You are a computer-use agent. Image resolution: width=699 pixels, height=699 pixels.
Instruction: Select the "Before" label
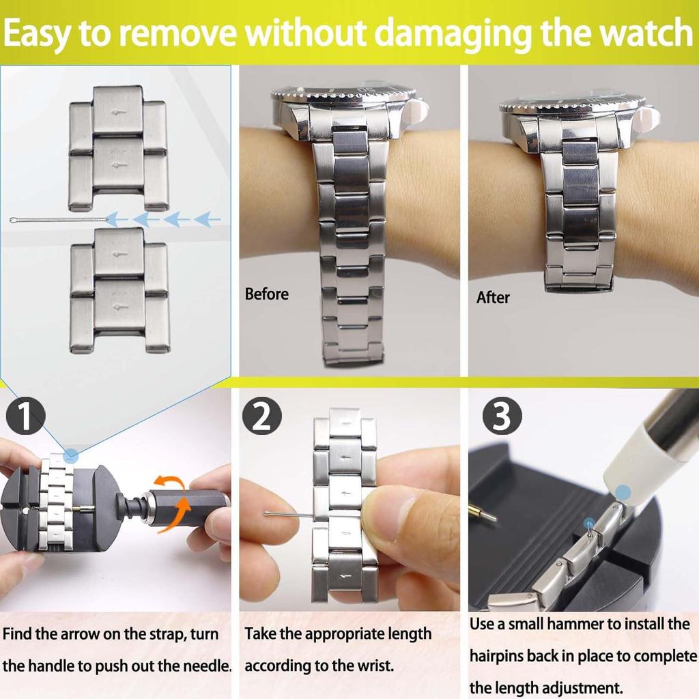(x=267, y=294)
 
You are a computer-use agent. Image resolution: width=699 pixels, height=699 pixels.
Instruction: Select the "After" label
(x=493, y=298)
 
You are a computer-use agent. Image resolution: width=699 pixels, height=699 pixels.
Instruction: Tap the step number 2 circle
(x=261, y=417)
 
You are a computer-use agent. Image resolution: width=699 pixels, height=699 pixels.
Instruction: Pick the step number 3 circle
(x=502, y=417)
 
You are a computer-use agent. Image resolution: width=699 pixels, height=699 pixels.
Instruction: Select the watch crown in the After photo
(x=653, y=119)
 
